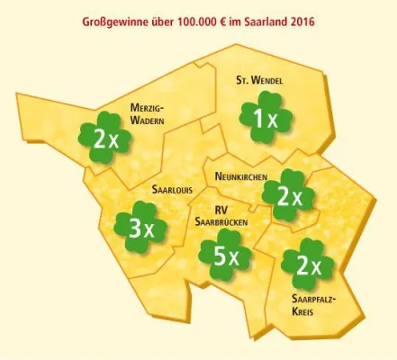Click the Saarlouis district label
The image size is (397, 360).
point(173,192)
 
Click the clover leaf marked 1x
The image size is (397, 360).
point(260,120)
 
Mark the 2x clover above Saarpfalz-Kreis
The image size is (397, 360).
point(307,264)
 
